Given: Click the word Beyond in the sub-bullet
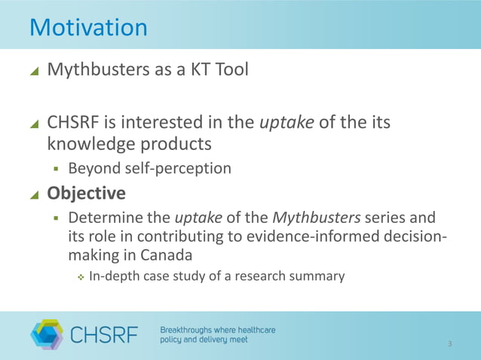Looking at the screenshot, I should click(92, 168).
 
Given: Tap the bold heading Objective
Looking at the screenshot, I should click(86, 195).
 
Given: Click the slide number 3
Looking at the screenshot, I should click(449, 344).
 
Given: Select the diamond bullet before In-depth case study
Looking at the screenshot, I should click(81, 277).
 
